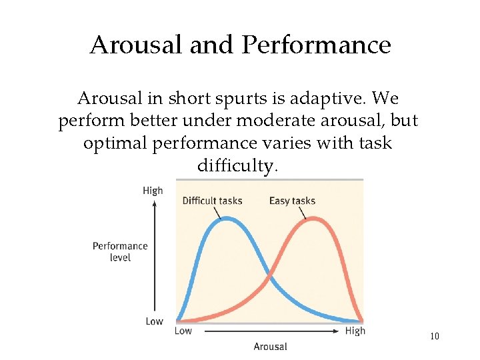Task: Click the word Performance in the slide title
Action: click(x=317, y=45)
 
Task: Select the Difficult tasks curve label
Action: click(x=212, y=201)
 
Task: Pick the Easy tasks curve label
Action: click(x=292, y=201)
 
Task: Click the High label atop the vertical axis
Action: click(x=153, y=191)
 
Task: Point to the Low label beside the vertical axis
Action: click(x=154, y=321)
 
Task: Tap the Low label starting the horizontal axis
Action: click(x=183, y=331)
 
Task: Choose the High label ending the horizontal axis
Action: click(x=355, y=331)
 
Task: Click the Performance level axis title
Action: click(x=120, y=251)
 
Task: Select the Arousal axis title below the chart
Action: click(x=270, y=346)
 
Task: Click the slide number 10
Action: click(x=435, y=336)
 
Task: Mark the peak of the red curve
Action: click(x=312, y=219)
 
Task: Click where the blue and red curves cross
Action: click(x=269, y=275)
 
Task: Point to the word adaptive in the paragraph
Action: click(x=333, y=99)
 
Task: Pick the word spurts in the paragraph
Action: click(x=237, y=99)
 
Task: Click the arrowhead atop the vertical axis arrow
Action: click(x=155, y=203)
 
